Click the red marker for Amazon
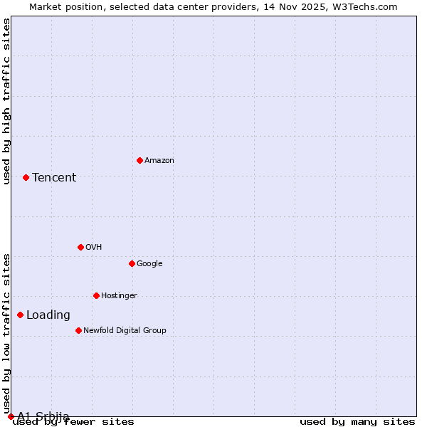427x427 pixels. coord(139,160)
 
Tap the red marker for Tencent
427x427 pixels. coord(26,177)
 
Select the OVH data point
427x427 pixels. coord(80,247)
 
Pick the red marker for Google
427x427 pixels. coord(132,263)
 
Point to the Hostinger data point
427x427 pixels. coord(96,295)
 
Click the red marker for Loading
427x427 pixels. coord(20,315)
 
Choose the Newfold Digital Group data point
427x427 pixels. coord(78,330)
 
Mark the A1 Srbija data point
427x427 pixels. coord(11,416)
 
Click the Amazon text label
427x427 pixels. coord(159,161)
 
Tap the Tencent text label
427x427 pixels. coord(54,178)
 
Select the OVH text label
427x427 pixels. coord(94,248)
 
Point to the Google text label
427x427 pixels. coord(149,264)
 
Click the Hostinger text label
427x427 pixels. coord(119,296)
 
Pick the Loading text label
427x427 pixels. coord(48,315)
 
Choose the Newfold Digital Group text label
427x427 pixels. coord(125,331)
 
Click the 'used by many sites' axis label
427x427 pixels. coord(357,422)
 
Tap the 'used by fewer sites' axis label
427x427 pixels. coord(73,422)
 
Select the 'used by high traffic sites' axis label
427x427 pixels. coord(6,101)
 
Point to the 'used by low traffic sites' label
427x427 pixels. coord(6,334)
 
